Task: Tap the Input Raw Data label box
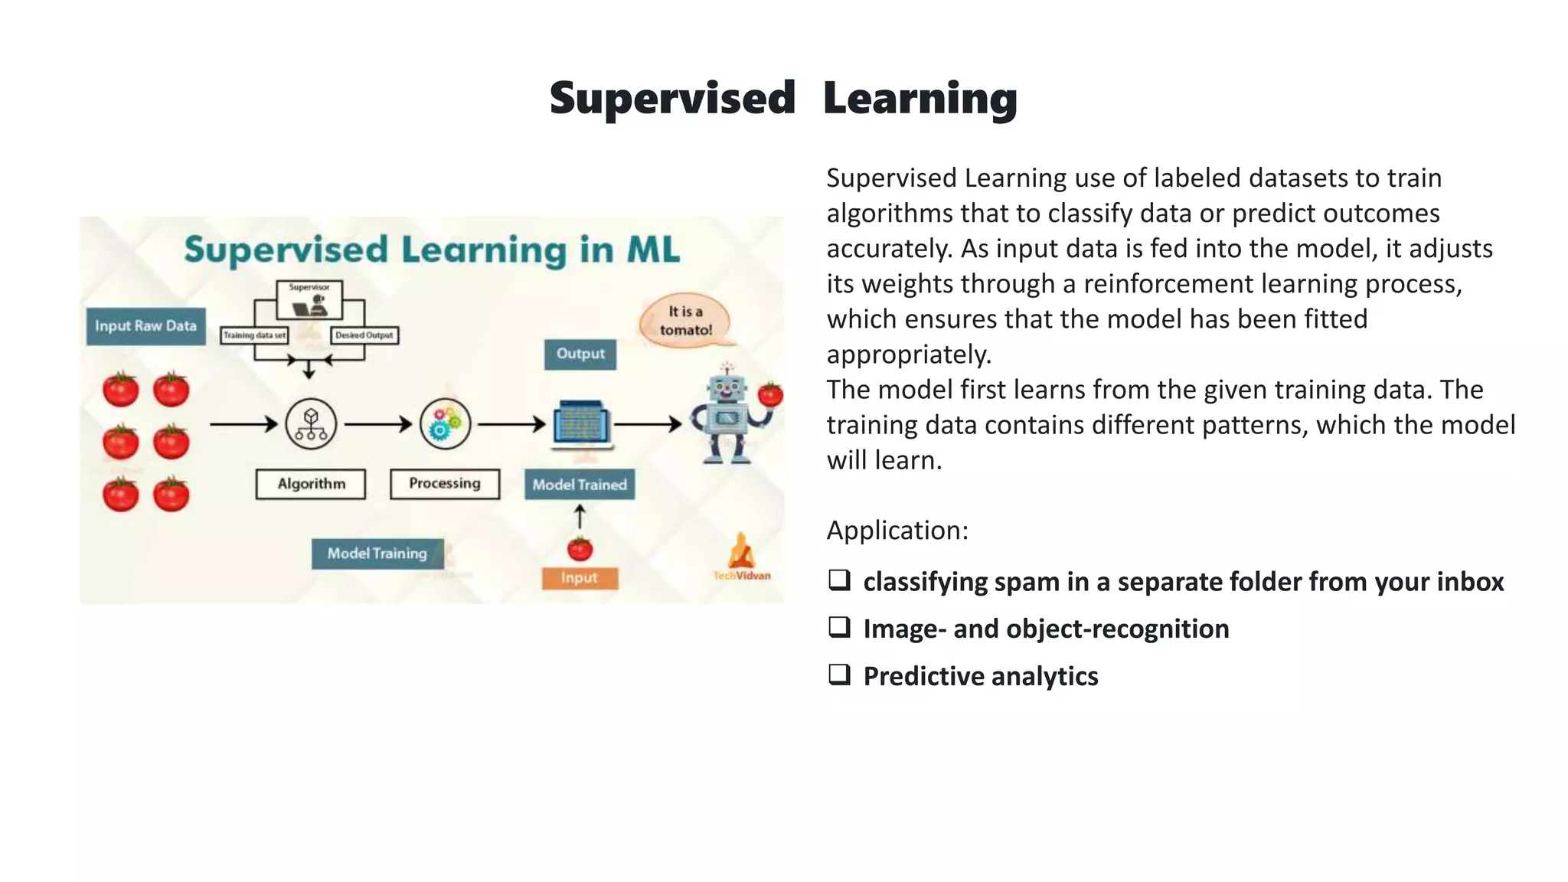pyautogui.click(x=145, y=326)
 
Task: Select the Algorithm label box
pyautogui.click(x=311, y=484)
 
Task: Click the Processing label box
pyautogui.click(x=445, y=484)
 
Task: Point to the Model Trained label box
pyautogui.click(x=580, y=485)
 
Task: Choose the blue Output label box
pyautogui.click(x=580, y=354)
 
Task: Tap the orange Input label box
pyautogui.click(x=580, y=578)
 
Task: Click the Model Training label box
pyautogui.click(x=377, y=554)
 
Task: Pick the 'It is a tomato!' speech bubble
pyautogui.click(x=685, y=321)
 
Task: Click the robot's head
pyautogui.click(x=727, y=388)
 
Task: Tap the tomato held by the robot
pyautogui.click(x=770, y=395)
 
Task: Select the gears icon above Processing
pyautogui.click(x=445, y=424)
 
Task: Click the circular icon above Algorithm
pyautogui.click(x=311, y=424)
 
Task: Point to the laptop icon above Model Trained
pyautogui.click(x=583, y=423)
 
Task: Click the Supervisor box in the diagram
pyautogui.click(x=309, y=299)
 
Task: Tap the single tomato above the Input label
pyautogui.click(x=580, y=549)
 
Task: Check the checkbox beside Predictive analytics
pyautogui.click(x=839, y=675)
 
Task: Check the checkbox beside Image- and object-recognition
pyautogui.click(x=839, y=627)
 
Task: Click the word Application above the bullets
pyautogui.click(x=897, y=531)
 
